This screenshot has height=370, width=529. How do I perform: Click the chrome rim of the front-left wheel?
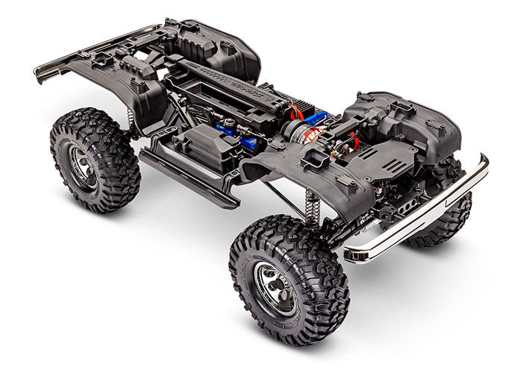point(275,288)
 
